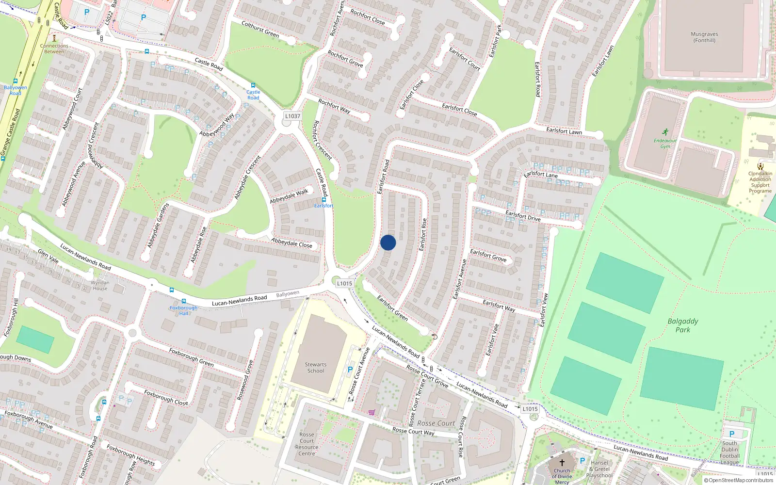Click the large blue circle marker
[388, 242]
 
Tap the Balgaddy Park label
[683, 325]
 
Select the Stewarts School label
[316, 368]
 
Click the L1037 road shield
[292, 116]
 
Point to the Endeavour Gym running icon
[665, 132]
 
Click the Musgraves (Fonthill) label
[704, 37]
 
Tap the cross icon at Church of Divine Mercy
[562, 463]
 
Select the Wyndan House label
[100, 286]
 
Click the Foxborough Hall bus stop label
[183, 310]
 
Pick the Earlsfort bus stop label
[323, 206]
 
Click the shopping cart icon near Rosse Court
[372, 412]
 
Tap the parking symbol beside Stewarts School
[350, 370]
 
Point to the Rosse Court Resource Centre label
[307, 444]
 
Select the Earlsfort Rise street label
[423, 234]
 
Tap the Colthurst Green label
[260, 29]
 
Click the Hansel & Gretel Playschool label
[599, 469]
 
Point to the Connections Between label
[54, 48]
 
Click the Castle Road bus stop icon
[253, 85]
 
